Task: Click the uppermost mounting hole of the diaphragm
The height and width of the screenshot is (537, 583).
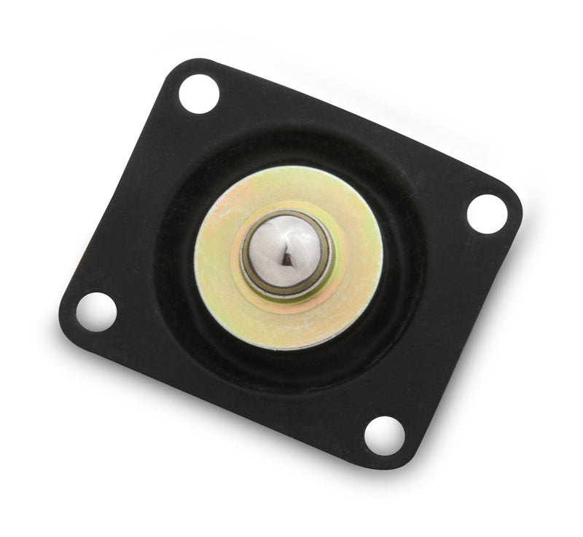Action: click(x=198, y=94)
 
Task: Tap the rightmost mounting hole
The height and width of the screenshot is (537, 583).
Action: click(x=486, y=213)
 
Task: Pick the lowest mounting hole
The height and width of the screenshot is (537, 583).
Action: click(x=384, y=435)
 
